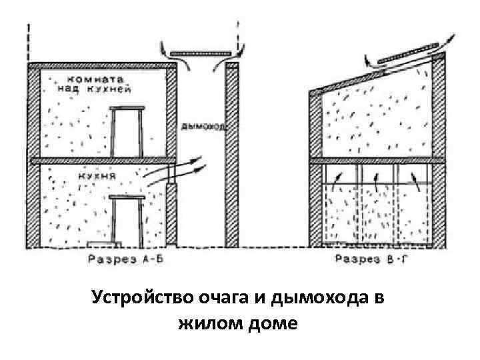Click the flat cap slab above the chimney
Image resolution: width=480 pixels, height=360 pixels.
[200, 51]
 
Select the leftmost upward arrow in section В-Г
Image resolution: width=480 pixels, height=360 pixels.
[337, 179]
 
